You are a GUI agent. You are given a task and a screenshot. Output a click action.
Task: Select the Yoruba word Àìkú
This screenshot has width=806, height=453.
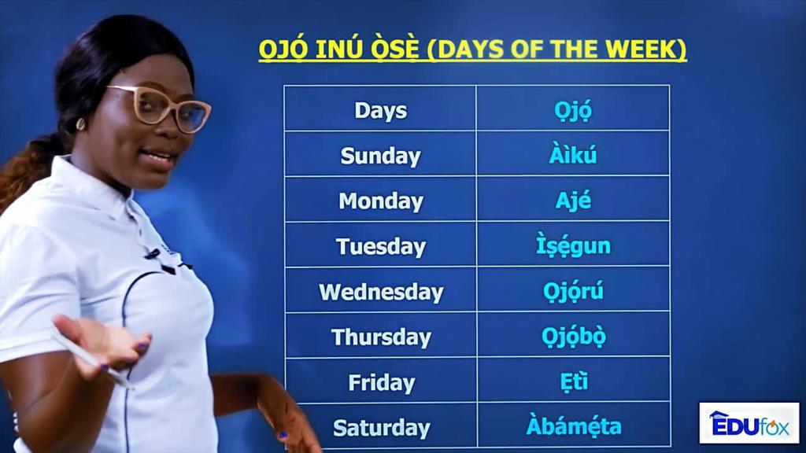point(573,154)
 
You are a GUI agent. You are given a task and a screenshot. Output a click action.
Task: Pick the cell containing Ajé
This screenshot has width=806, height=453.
point(573,200)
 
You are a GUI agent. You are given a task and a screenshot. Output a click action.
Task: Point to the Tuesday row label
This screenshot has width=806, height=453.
point(380,246)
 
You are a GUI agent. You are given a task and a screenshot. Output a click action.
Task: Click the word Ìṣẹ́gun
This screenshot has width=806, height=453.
point(573,245)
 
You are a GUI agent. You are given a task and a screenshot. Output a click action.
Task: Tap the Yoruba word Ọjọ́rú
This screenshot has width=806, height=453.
point(573,291)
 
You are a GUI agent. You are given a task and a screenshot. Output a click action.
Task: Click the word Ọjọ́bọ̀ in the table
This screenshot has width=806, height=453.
point(573,337)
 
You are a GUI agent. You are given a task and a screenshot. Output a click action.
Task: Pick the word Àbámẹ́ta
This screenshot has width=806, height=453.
point(574,425)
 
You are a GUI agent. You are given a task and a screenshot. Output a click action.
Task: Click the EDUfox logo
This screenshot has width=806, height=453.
point(749,422)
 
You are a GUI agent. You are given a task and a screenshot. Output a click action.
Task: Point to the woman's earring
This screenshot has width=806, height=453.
point(80,124)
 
